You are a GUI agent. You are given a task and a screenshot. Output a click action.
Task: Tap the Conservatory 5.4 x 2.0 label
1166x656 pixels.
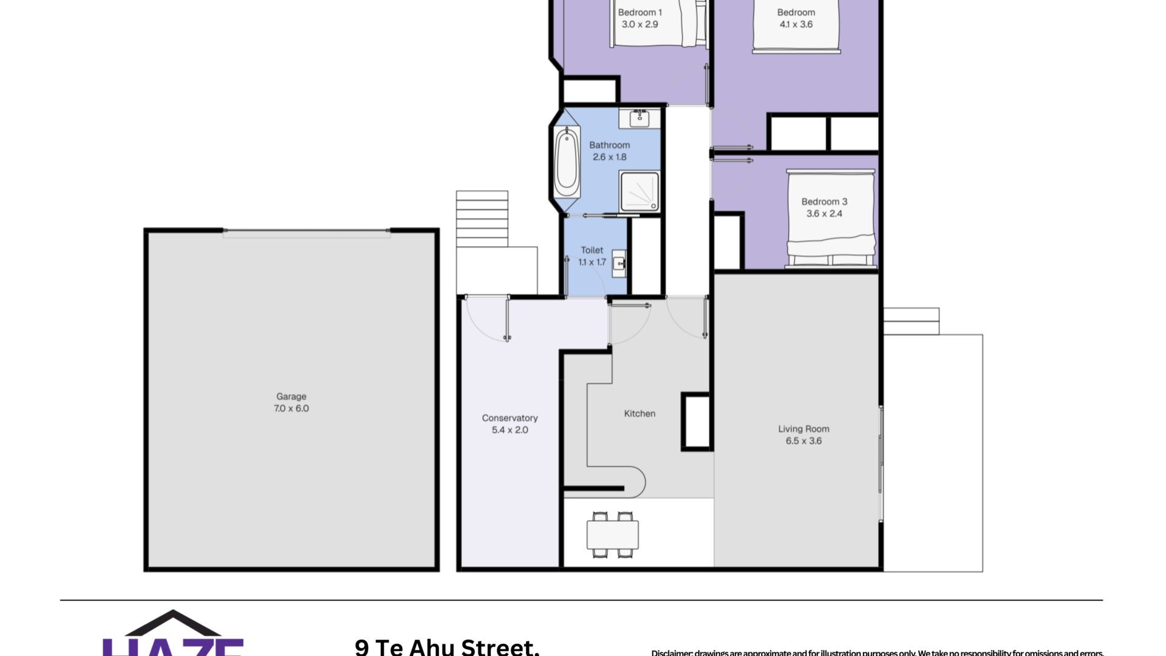point(510,424)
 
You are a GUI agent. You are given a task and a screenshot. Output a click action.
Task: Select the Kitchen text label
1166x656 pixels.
point(639,414)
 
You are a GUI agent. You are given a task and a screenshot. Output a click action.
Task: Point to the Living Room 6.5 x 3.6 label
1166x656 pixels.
point(803,435)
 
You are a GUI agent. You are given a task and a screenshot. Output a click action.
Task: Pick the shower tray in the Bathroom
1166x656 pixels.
point(639,191)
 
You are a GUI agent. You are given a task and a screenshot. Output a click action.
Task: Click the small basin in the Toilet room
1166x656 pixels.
point(619,264)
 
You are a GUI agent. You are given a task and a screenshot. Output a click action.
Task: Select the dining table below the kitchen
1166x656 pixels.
point(612,535)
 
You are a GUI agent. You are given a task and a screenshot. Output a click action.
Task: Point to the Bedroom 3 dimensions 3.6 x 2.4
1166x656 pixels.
point(824,214)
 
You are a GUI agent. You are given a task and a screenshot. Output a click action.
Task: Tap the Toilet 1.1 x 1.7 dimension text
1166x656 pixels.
point(592,262)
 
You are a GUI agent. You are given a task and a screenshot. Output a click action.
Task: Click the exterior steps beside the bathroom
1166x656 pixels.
point(482,219)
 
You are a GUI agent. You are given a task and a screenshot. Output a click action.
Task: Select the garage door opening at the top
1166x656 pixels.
point(306,233)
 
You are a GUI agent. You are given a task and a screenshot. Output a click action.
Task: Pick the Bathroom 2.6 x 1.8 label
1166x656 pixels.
point(609,151)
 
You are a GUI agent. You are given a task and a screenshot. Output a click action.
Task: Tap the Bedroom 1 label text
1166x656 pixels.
point(639,12)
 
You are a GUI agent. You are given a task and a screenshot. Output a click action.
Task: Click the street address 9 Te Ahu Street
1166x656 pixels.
point(447,646)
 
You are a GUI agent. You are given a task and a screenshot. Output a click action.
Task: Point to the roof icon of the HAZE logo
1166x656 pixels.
point(173,623)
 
